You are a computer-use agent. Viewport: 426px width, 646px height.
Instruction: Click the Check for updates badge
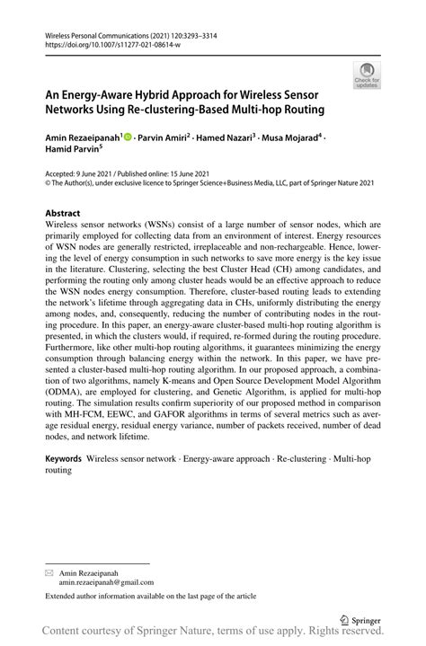click(x=367, y=76)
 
